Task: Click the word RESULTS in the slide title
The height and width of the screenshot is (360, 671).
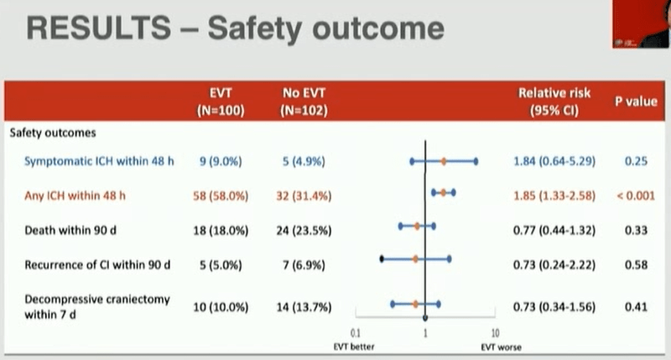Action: (99, 29)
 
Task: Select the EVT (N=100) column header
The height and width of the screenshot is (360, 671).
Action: (221, 102)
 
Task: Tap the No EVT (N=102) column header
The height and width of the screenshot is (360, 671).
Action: (304, 102)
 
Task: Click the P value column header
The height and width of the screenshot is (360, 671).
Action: (636, 102)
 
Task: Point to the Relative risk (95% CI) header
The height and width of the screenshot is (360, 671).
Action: (554, 102)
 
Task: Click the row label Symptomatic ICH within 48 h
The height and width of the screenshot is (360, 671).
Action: (99, 161)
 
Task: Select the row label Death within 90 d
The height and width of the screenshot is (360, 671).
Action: (70, 230)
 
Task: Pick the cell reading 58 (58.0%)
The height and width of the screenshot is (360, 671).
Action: (221, 196)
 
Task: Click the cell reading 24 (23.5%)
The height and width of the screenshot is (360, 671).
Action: (304, 231)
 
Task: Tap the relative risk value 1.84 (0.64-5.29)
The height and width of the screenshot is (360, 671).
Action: (554, 161)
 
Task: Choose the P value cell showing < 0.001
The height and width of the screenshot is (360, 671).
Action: (636, 196)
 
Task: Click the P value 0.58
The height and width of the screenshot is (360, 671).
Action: (636, 265)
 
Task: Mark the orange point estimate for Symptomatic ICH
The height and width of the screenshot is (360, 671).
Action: (444, 161)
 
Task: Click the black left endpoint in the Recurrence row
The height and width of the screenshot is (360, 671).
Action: (382, 258)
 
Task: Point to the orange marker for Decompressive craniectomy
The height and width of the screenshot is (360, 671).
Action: (415, 305)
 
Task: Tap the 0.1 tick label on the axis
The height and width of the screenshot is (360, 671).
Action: (355, 333)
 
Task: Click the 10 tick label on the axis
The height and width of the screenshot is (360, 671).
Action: (495, 333)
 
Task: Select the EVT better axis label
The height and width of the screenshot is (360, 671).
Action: (354, 347)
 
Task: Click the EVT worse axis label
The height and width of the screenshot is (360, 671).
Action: (501, 347)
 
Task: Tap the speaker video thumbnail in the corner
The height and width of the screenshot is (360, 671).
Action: (642, 23)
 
